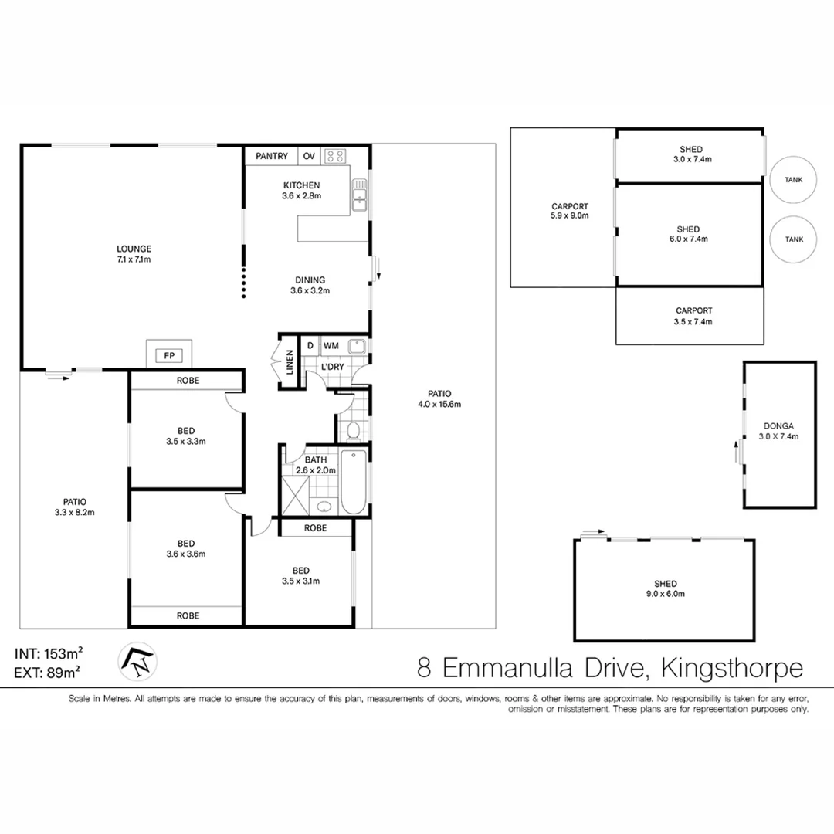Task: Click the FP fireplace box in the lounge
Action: click(168, 355)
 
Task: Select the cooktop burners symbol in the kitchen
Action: click(335, 156)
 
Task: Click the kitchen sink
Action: click(360, 195)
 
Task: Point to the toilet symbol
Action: click(353, 429)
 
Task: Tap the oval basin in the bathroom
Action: click(324, 507)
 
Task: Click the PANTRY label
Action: click(272, 157)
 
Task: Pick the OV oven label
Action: click(309, 157)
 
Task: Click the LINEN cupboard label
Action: click(290, 362)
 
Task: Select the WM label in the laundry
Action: click(331, 345)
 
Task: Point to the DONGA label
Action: click(778, 425)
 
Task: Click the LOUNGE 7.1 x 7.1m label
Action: click(134, 254)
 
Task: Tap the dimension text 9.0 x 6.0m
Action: click(665, 594)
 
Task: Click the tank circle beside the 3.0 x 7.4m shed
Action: click(794, 179)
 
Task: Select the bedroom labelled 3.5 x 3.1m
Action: click(301, 575)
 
